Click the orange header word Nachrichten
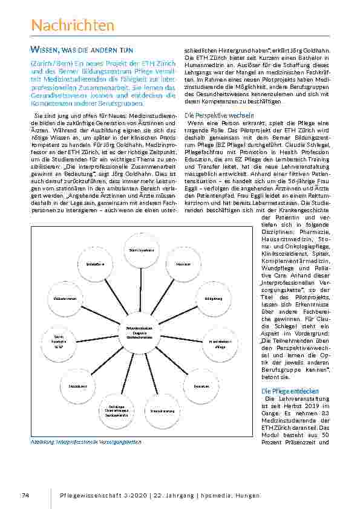(x=72, y=25)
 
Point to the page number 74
(x=25, y=495)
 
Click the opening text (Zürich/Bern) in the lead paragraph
(x=50, y=63)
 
